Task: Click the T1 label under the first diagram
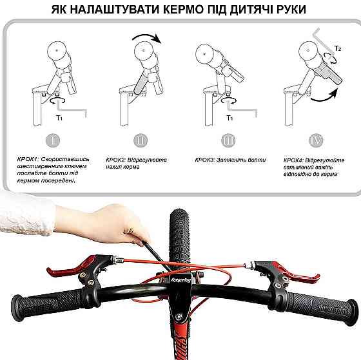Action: [x=59, y=118]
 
